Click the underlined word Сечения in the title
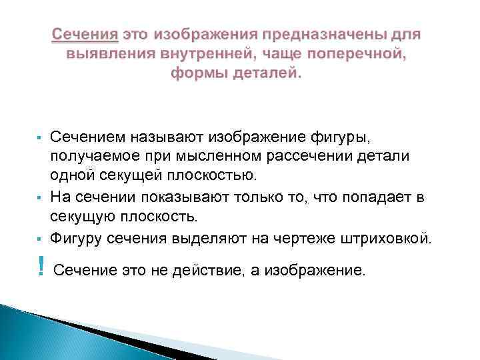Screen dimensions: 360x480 tap(85, 34)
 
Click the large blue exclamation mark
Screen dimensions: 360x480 tap(41, 267)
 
